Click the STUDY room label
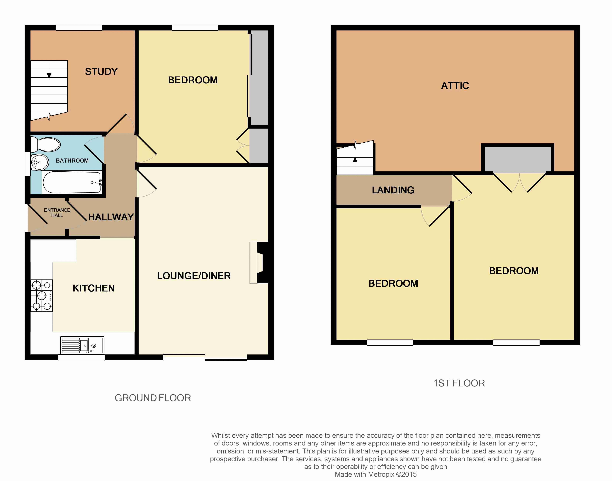(x=101, y=71)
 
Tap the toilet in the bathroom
(x=45, y=144)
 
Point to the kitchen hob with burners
(x=42, y=296)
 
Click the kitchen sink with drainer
(x=82, y=345)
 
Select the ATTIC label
(x=455, y=86)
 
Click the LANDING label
(x=393, y=190)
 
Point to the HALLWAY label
(x=111, y=217)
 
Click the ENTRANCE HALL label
(x=57, y=213)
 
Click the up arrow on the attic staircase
(x=355, y=164)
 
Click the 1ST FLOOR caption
(x=459, y=383)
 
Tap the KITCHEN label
(x=94, y=288)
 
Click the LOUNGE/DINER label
(x=194, y=276)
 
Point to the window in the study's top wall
(x=79, y=28)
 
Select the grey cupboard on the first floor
(x=518, y=160)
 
